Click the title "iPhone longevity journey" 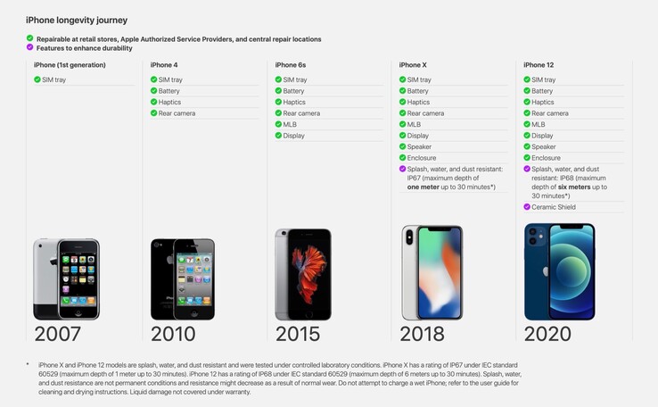click(77, 20)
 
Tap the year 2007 click(57, 334)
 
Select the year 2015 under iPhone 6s click(298, 334)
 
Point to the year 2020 click(547, 334)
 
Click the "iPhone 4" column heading click(164, 65)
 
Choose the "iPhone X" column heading click(413, 65)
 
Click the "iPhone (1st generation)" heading click(70, 65)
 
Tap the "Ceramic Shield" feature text click(554, 207)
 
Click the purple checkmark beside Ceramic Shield click(527, 207)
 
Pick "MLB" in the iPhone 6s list click(289, 125)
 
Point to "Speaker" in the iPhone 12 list click(544, 147)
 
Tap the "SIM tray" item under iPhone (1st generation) click(53, 80)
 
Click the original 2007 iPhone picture click(66, 279)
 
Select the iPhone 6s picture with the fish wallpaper click(303, 275)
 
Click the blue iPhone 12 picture click(559, 271)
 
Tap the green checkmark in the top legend click(29, 39)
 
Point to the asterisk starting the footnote click(29, 365)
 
